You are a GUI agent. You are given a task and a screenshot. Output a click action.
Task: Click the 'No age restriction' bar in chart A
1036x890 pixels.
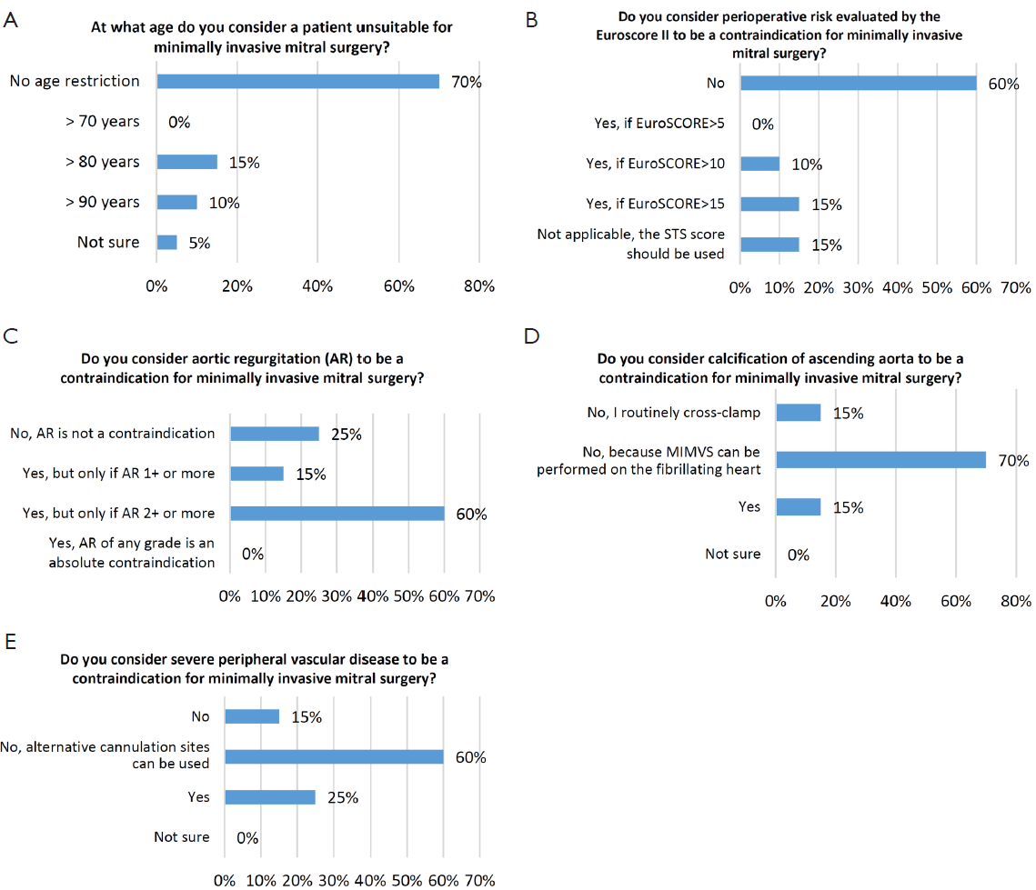[x=298, y=81]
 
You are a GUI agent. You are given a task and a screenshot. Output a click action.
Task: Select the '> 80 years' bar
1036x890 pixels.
[x=187, y=162]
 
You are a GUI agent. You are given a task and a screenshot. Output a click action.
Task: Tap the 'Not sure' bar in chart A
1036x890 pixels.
[x=167, y=243]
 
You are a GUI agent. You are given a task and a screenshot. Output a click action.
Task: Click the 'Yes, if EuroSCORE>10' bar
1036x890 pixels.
[x=759, y=164]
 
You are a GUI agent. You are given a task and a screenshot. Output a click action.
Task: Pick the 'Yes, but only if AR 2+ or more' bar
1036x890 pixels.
[x=337, y=513]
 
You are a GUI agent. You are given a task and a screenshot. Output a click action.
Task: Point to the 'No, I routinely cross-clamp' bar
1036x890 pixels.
[x=798, y=413]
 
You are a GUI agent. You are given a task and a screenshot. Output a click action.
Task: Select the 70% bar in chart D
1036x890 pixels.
[x=880, y=459]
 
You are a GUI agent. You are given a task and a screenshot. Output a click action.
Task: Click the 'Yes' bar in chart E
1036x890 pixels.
[x=270, y=797]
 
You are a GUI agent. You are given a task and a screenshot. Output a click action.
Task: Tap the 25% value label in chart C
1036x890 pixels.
[x=347, y=435]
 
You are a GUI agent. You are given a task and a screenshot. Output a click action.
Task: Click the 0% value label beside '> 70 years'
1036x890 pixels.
[x=179, y=122]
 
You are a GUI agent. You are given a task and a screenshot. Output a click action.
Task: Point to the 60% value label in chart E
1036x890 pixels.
[x=470, y=757]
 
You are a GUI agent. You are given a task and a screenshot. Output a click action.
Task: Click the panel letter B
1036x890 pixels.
[x=532, y=21]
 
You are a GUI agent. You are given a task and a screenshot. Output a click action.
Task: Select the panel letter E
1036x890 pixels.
[x=11, y=642]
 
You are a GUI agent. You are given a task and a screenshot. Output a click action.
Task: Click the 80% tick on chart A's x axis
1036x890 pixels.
[x=479, y=285]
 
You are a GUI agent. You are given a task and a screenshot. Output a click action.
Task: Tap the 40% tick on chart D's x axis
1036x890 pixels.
[x=895, y=601]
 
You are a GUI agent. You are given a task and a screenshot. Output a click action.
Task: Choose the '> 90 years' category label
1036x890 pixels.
[x=103, y=202]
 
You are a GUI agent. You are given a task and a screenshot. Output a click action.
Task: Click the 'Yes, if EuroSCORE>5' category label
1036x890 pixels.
[x=659, y=123]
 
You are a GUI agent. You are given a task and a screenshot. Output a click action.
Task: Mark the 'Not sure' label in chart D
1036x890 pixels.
[x=733, y=554]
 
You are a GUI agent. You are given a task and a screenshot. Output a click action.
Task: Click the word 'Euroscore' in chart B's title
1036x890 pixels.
[x=627, y=35]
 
